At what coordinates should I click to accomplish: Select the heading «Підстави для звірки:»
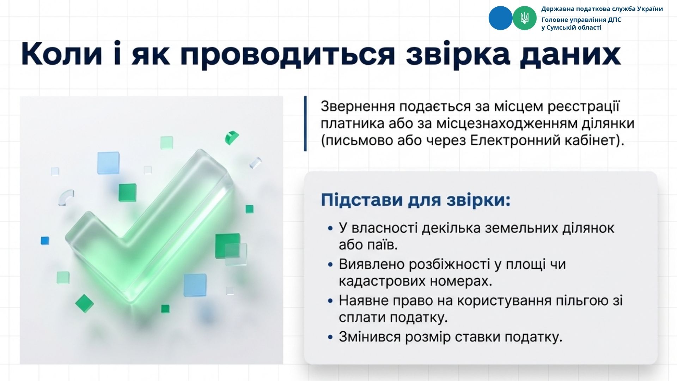coord(416,200)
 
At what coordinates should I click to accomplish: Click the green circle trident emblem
coord(524,18)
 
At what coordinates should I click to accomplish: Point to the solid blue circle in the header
coord(500,18)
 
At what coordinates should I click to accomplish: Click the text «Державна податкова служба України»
coord(602,9)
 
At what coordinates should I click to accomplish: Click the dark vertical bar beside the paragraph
coord(305,123)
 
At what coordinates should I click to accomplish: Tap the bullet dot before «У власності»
coord(330,229)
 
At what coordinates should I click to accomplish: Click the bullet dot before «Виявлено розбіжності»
coord(330,265)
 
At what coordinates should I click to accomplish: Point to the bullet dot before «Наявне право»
coord(330,301)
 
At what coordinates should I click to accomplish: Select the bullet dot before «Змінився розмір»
coord(330,337)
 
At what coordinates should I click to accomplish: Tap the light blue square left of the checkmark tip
coord(108,163)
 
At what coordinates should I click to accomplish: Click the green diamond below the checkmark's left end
coord(85,303)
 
